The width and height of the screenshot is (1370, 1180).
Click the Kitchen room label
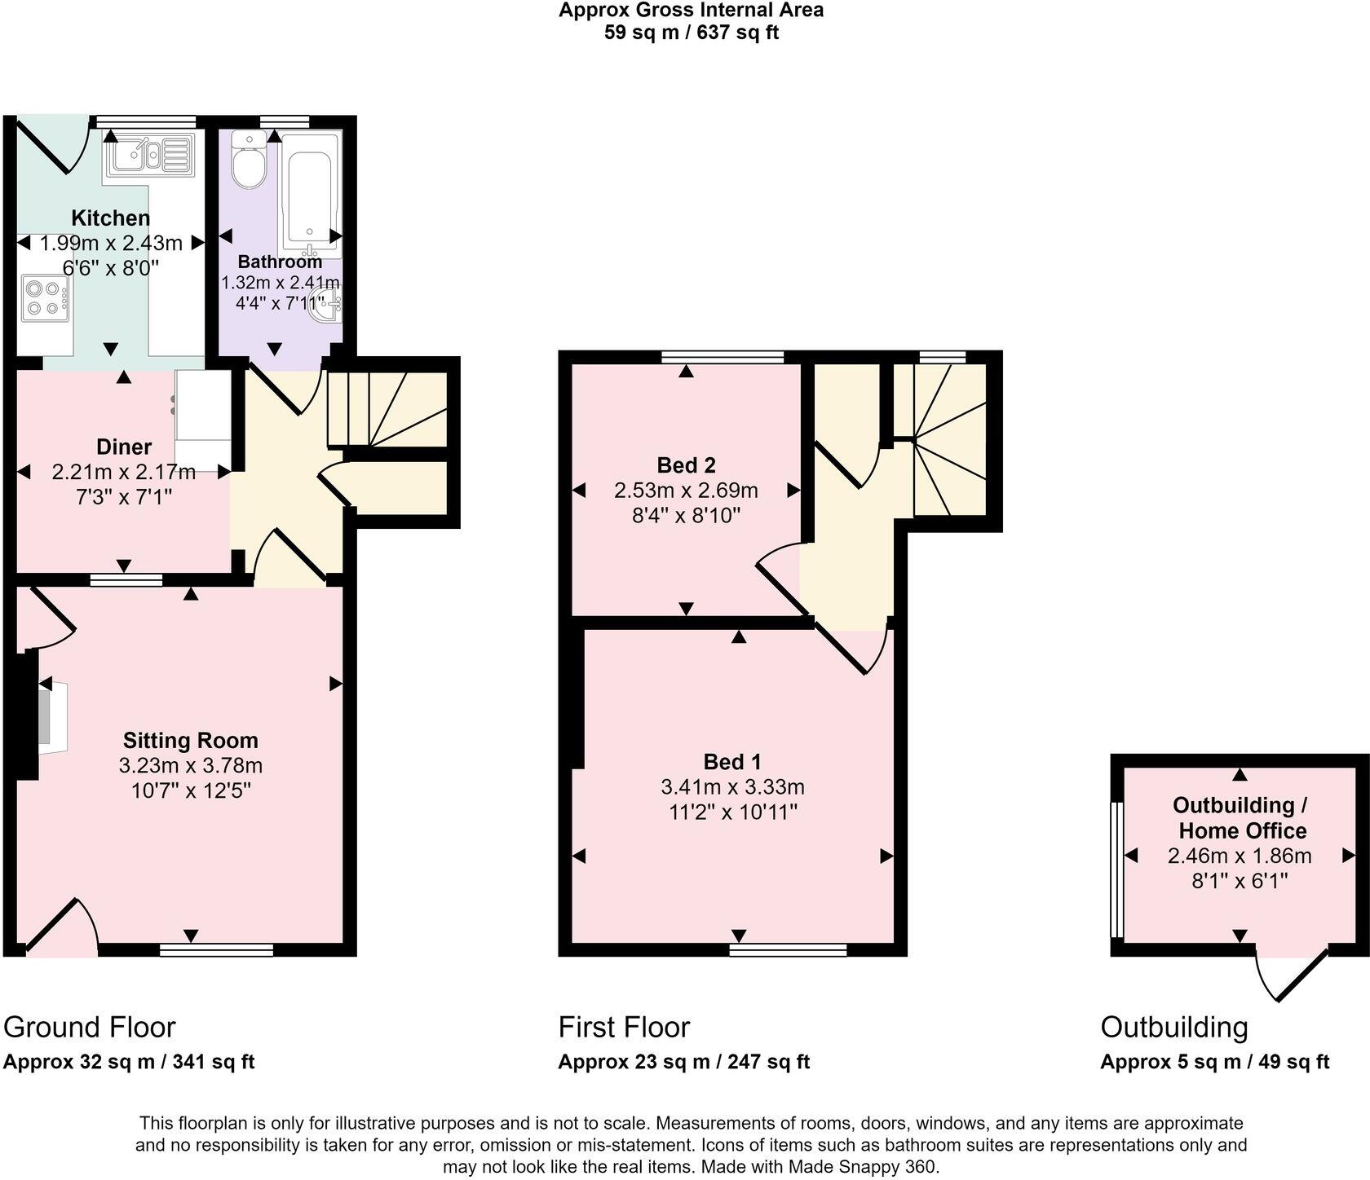coord(111,218)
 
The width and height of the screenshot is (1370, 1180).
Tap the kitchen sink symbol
coord(149,155)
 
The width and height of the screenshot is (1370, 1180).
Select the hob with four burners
coord(45,298)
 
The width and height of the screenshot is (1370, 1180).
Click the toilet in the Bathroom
coord(248,161)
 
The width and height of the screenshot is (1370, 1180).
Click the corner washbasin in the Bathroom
coord(330,305)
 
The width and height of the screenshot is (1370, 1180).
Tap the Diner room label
coord(124,447)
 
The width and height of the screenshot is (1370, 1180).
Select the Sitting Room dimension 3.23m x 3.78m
coord(190,766)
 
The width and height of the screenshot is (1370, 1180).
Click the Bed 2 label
coord(686,465)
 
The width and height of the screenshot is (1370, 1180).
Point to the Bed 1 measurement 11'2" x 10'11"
coord(732,812)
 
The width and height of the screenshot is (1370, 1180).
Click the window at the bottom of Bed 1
coord(788,949)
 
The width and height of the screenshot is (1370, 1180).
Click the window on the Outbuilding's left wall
coord(1118,870)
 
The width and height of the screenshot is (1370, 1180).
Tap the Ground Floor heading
coord(90,1028)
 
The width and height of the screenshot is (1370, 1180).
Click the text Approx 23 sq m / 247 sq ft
coord(683,1062)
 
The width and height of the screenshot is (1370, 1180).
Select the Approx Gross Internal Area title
coord(691,11)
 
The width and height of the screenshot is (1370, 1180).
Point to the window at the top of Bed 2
coord(723,356)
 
